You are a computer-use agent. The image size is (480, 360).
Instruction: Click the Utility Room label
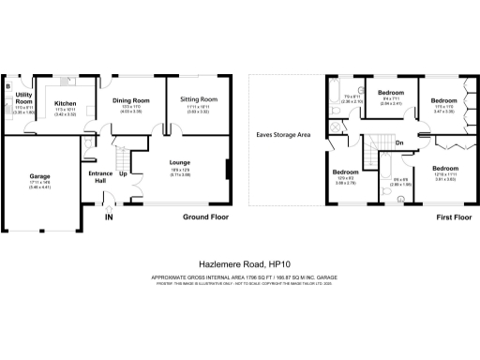[x=24, y=98]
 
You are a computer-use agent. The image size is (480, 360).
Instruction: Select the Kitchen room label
[x=65, y=103]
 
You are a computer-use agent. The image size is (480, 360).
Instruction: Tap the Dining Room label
[x=131, y=99]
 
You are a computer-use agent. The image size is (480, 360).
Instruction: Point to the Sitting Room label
[x=198, y=98]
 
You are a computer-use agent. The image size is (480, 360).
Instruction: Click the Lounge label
[x=180, y=162]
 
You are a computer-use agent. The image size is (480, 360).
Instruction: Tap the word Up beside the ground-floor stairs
[x=123, y=174]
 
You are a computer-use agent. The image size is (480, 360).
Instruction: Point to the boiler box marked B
[x=8, y=87]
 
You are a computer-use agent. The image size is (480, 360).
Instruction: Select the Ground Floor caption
[x=205, y=217]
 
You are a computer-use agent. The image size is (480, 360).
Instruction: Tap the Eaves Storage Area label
[x=283, y=135]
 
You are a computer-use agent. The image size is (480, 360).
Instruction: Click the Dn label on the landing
[x=399, y=142]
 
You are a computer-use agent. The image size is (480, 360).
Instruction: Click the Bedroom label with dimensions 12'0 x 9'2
[x=346, y=172]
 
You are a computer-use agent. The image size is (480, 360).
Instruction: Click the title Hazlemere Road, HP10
[x=240, y=264]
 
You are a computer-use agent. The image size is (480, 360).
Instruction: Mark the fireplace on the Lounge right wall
[x=227, y=171]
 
